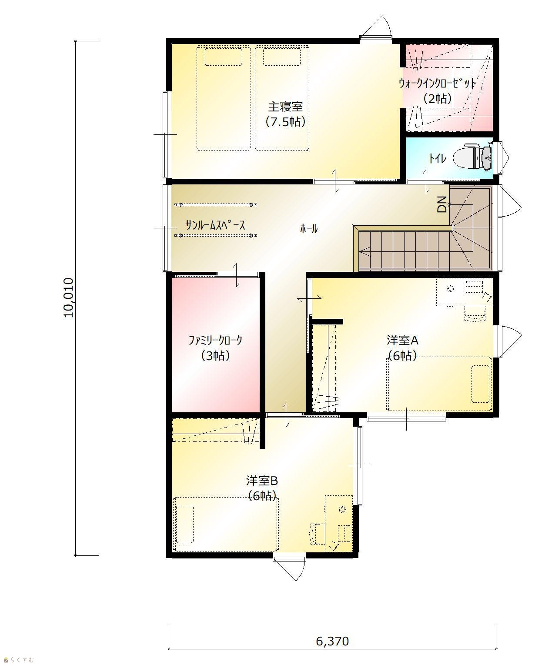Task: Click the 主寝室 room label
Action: pyautogui.click(x=285, y=107)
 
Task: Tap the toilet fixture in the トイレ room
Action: pyautogui.click(x=472, y=158)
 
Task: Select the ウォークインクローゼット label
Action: pyautogui.click(x=437, y=84)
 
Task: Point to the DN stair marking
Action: pyautogui.click(x=442, y=204)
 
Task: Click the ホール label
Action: pyautogui.click(x=309, y=229)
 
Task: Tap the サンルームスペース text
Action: pyautogui.click(x=215, y=225)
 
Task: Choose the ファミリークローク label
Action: pyautogui.click(x=215, y=341)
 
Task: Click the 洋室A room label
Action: pyautogui.click(x=402, y=340)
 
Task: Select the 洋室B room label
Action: pyautogui.click(x=262, y=481)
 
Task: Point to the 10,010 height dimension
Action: pyautogui.click(x=69, y=297)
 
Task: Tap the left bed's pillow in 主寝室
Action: pyautogui.click(x=224, y=57)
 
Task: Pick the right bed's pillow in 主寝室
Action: pyautogui.click(x=281, y=57)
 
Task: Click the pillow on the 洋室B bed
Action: pyautogui.click(x=185, y=525)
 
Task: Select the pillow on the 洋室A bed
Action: pyautogui.click(x=480, y=384)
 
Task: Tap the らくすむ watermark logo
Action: pyautogui.click(x=19, y=659)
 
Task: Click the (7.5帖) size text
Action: pyautogui.click(x=285, y=122)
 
